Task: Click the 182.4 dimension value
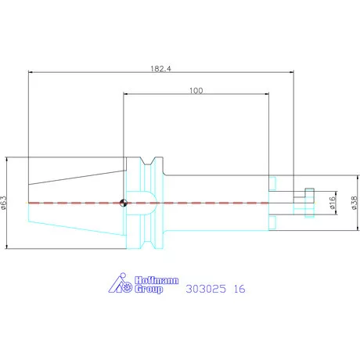[161, 69]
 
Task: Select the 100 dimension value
[196, 91]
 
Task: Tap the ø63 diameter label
[3, 203]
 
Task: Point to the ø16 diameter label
[333, 203]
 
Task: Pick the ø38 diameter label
[354, 203]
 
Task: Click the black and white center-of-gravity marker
[124, 203]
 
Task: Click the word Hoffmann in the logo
[157, 280]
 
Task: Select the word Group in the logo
[149, 289]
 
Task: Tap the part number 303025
[206, 289]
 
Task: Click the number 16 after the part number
[239, 289]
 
